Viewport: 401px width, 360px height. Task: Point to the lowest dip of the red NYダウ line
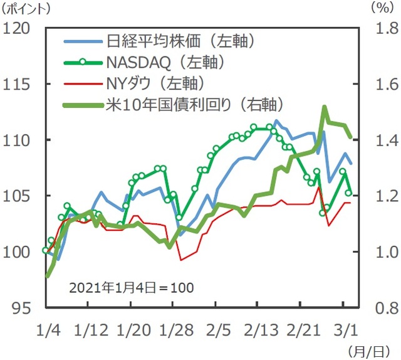(181, 260)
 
